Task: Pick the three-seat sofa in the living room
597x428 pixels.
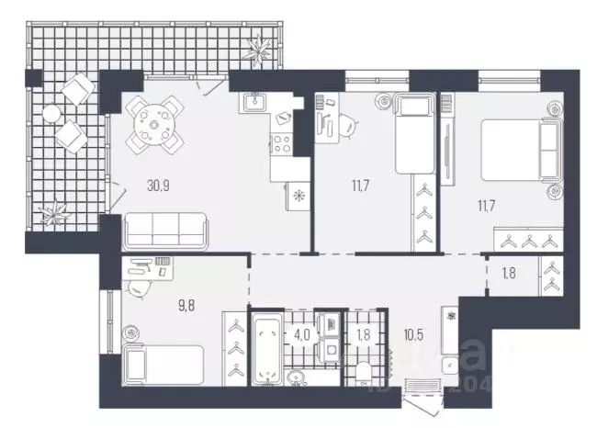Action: coord(165,227)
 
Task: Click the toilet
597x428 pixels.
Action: coord(364,371)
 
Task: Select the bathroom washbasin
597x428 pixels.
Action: coord(298,376)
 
